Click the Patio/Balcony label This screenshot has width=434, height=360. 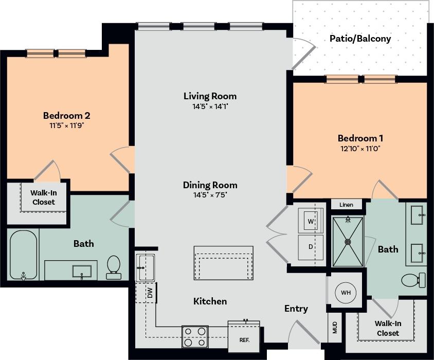coord(360,39)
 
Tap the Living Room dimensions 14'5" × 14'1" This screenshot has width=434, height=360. coord(210,107)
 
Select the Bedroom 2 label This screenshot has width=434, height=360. coord(67,115)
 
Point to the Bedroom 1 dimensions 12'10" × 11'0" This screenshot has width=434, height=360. coord(360,149)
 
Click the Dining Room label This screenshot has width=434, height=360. coord(210,185)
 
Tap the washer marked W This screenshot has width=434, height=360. coord(311,221)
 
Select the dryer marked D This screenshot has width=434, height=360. coord(311,247)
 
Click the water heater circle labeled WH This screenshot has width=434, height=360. coord(346,293)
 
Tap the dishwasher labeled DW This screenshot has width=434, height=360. coord(150,293)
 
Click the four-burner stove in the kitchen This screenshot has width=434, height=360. coord(195,337)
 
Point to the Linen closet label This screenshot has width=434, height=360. coord(346,205)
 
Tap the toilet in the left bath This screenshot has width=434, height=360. coord(113,266)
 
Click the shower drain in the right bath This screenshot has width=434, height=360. coord(348,241)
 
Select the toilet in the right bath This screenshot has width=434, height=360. coord(412,280)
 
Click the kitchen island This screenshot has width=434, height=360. coord(223,263)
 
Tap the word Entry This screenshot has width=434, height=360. coord(296,309)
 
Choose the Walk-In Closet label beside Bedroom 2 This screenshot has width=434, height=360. coord(44,197)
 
